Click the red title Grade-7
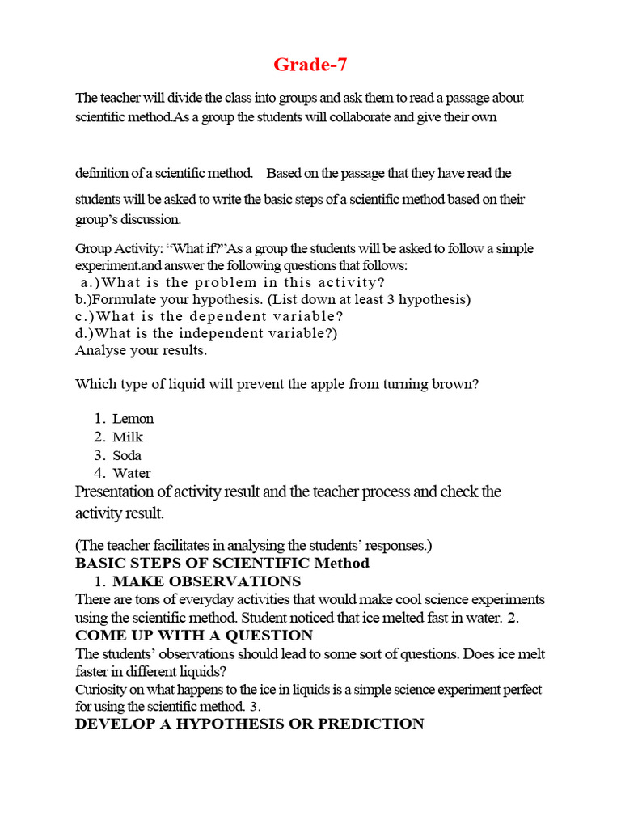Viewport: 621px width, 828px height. [x=310, y=64]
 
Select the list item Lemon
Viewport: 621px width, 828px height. [x=133, y=419]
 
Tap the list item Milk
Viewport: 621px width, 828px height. [x=128, y=437]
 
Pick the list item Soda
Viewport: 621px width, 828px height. [x=127, y=455]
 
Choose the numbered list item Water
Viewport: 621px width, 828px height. [x=131, y=474]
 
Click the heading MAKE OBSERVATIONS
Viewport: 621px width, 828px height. [x=206, y=581]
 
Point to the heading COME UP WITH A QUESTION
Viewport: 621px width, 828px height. [x=194, y=636]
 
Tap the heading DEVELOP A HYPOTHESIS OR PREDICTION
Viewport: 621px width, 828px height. [x=249, y=724]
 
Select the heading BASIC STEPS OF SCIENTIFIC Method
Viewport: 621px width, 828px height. [x=222, y=563]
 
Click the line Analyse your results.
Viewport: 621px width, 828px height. [x=141, y=351]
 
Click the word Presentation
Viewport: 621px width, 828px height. [x=126, y=492]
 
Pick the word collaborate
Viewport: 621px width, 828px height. [x=361, y=117]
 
